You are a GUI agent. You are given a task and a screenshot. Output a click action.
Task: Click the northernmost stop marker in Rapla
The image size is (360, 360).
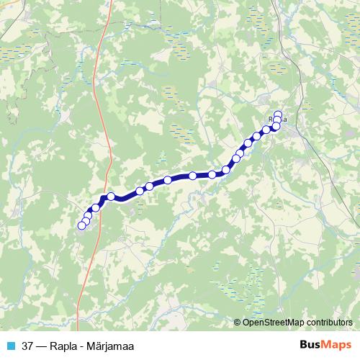pyautogui.click(x=278, y=114)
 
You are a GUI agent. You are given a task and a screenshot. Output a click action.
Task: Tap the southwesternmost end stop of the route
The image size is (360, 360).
pyautogui.click(x=81, y=226)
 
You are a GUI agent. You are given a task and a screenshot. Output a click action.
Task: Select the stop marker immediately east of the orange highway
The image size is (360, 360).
pyautogui.click(x=111, y=196)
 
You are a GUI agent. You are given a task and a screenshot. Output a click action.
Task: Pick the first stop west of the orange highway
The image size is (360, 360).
pyautogui.click(x=95, y=208)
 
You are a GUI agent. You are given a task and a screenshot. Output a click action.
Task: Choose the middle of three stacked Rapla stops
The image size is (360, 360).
pyautogui.click(x=278, y=120)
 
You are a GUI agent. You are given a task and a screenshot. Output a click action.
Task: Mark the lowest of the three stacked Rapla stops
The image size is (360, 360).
pyautogui.click(x=276, y=126)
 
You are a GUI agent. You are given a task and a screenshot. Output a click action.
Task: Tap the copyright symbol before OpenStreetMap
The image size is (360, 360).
pyautogui.click(x=238, y=323)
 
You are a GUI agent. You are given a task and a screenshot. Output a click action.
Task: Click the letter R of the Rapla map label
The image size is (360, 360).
pyautogui.click(x=270, y=119)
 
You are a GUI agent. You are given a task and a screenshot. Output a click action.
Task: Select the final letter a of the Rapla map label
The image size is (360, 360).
pyautogui.click(x=285, y=119)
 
